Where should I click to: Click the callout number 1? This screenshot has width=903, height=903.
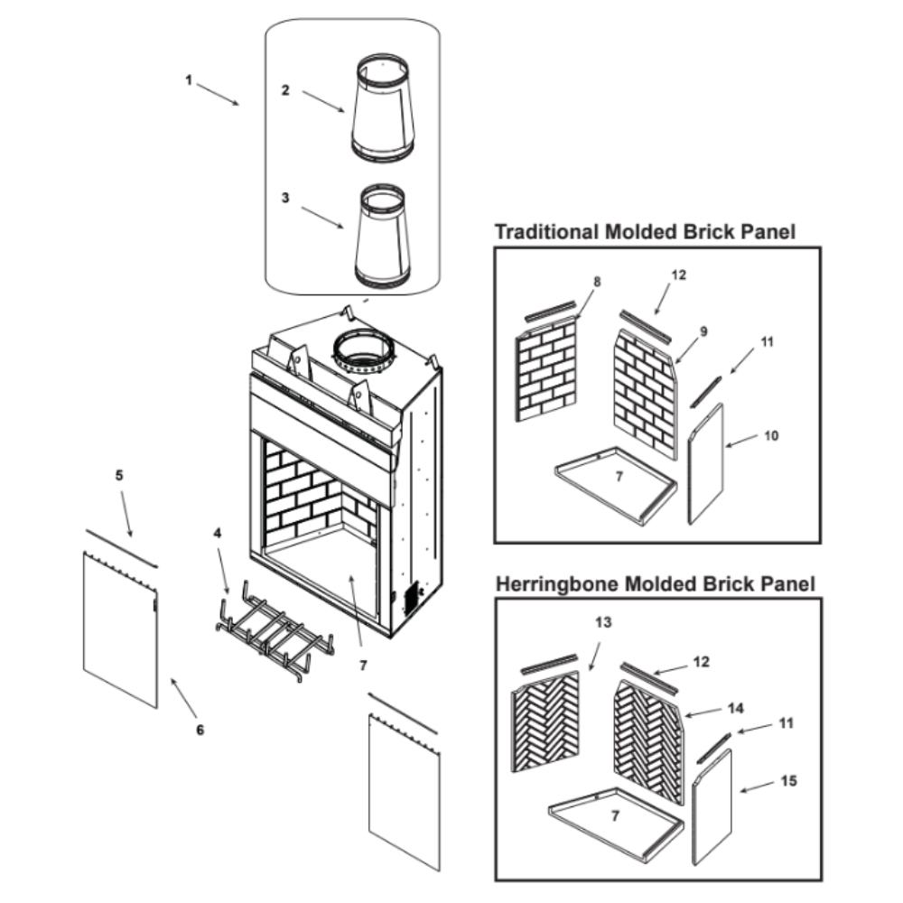point(189,79)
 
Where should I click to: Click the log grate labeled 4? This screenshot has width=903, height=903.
point(271,628)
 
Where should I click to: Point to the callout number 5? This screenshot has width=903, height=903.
point(118,474)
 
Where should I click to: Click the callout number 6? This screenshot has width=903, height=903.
point(200,729)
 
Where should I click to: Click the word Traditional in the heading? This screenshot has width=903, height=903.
point(546,232)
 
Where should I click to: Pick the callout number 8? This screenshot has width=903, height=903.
point(597,282)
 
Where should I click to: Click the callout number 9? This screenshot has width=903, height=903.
point(703,331)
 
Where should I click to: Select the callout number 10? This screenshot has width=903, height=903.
point(770,435)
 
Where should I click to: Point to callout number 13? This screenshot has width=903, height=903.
point(603,623)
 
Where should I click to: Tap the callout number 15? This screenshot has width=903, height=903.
point(788,781)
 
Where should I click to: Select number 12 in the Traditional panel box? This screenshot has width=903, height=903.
point(678,275)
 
